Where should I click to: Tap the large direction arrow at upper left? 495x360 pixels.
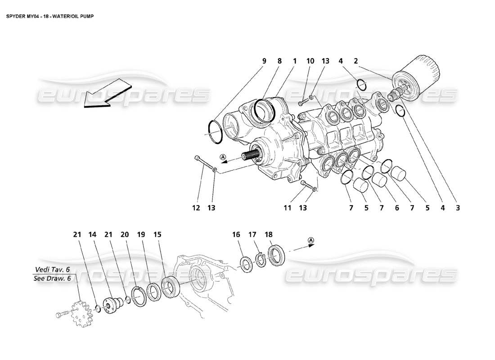(103, 93)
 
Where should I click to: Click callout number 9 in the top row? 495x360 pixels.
(264, 61)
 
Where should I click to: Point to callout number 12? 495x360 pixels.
(196, 207)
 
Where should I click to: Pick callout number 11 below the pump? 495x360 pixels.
(288, 207)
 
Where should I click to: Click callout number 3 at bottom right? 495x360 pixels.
(458, 207)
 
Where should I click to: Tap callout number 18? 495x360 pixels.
(269, 234)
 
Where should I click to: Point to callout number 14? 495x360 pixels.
(92, 234)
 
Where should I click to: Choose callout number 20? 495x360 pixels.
(125, 234)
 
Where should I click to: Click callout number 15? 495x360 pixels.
(157, 234)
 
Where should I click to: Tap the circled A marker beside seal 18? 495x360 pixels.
(311, 242)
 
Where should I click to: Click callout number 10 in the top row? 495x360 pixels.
(310, 61)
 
